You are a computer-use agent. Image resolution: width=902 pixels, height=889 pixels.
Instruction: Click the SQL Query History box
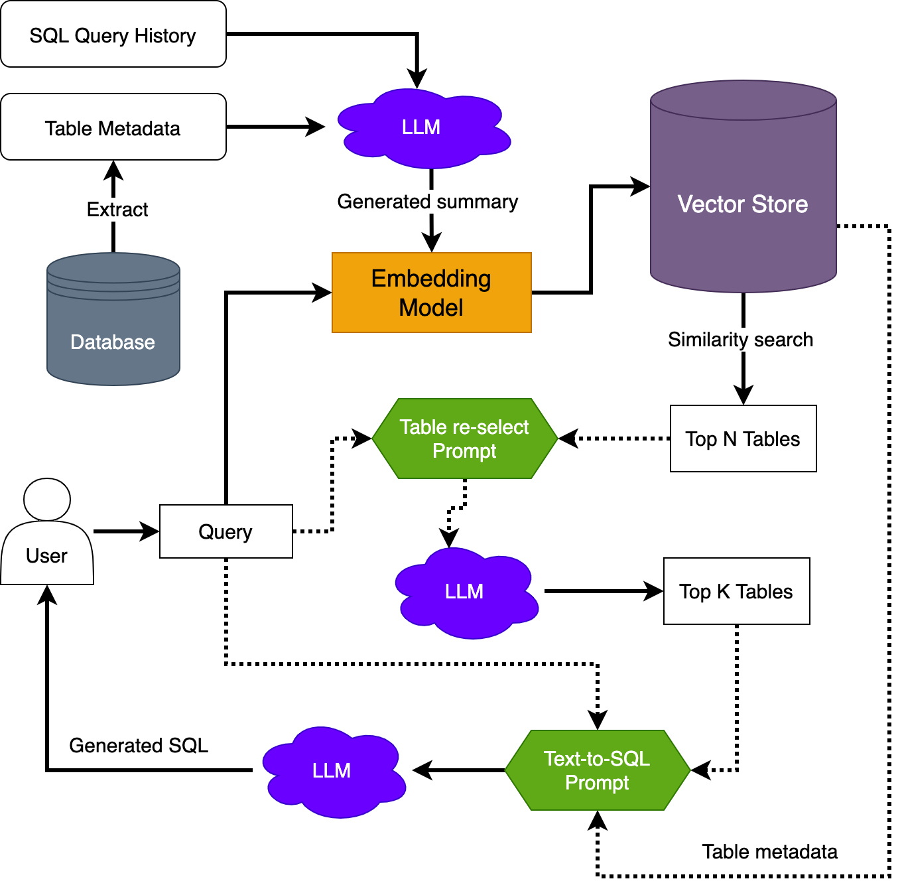tap(113, 34)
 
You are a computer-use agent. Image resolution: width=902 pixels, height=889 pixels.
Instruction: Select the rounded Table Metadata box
tap(113, 127)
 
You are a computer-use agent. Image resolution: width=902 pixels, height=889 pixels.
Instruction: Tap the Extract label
tap(117, 210)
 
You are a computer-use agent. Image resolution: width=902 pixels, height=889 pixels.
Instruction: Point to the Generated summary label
tap(427, 202)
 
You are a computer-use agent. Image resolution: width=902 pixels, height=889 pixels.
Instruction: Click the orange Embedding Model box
tap(431, 293)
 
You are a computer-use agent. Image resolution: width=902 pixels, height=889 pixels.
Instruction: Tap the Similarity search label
tap(740, 340)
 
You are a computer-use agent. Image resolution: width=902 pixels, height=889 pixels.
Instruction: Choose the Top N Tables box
tap(743, 439)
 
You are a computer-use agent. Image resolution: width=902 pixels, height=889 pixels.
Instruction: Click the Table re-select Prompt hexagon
tap(464, 439)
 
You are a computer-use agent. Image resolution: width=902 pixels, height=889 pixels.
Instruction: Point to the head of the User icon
tap(47, 499)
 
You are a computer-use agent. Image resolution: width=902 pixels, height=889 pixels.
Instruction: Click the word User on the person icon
tap(46, 556)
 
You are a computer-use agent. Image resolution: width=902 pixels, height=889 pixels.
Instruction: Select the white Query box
tap(225, 531)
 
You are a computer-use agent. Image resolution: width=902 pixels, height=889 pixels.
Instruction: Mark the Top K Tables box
tap(736, 591)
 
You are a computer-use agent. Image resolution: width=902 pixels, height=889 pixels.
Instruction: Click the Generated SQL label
tap(139, 746)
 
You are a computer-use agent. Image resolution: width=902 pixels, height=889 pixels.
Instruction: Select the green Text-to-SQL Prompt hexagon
tap(597, 770)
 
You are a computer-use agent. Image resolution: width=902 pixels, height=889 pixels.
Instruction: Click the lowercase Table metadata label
tap(769, 852)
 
